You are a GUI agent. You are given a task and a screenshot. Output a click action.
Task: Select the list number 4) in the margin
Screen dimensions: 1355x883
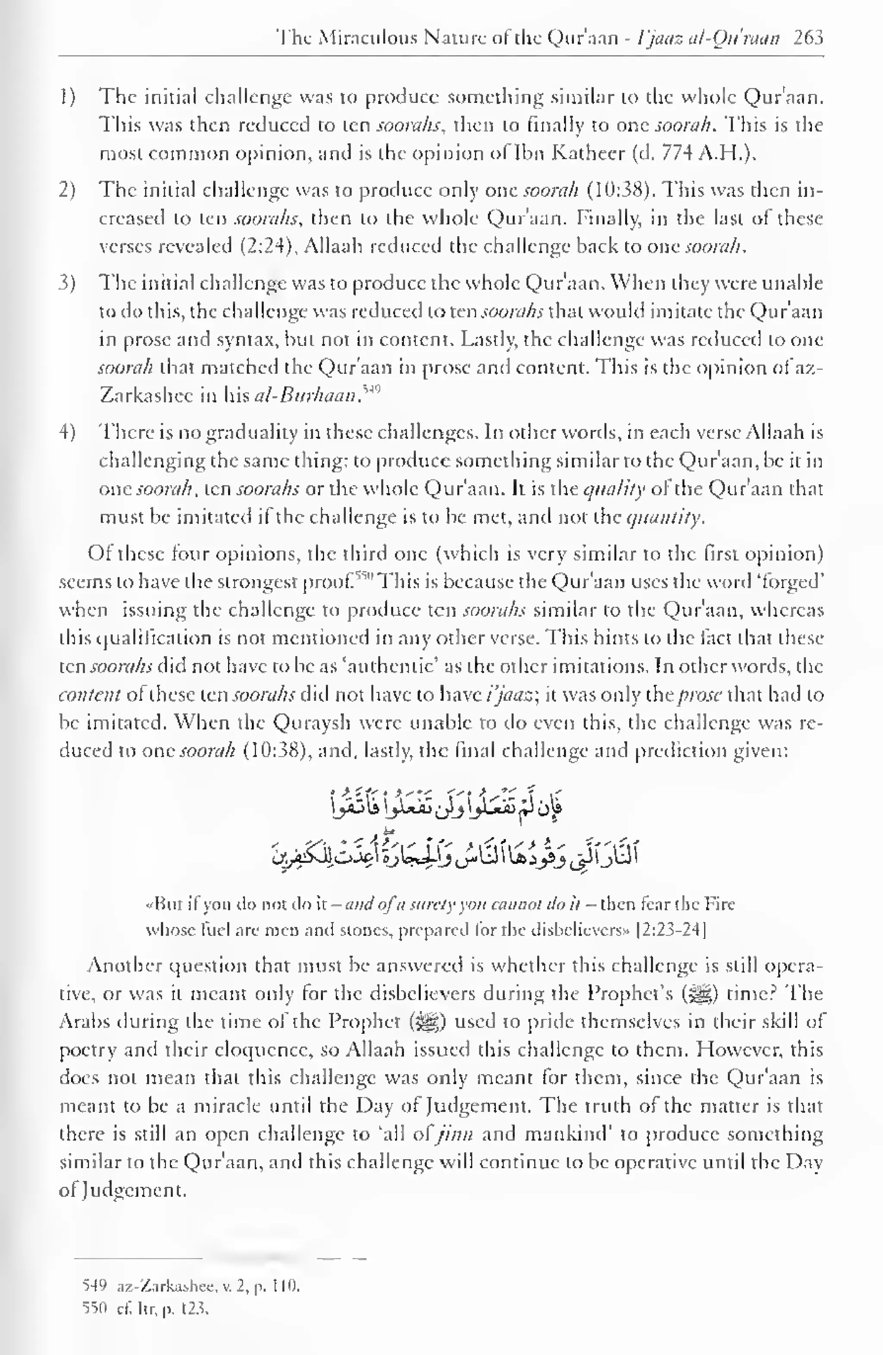pyautogui.click(x=67, y=432)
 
